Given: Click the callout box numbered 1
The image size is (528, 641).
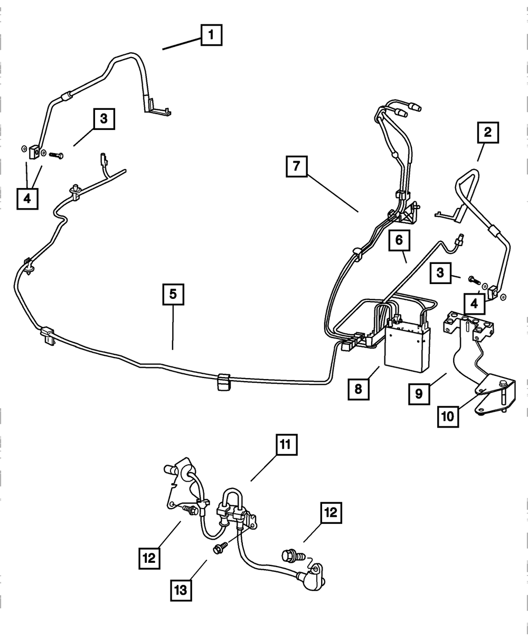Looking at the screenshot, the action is pos(211,36).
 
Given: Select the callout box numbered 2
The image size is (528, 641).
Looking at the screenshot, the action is pos(488,133).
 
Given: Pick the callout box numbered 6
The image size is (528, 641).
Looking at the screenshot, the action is pos(399,240).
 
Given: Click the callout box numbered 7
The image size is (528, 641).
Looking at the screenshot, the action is pos(297,167).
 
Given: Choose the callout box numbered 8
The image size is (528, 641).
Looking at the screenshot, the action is pos(359,390).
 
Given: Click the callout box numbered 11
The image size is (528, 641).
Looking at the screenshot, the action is pos(286,445).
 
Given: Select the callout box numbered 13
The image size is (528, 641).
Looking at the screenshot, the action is pos(181,590).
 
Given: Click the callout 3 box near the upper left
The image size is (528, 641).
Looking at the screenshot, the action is pos(104,119).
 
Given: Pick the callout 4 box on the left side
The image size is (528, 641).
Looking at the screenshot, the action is pos(27,199).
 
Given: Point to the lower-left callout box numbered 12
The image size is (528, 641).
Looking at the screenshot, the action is pos(150,558).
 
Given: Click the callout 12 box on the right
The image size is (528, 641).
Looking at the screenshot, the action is pos(329,512).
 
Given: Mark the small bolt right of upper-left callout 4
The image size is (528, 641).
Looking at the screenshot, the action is pos(56,155).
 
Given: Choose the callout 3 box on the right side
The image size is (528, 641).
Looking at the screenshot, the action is pos(440,273).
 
